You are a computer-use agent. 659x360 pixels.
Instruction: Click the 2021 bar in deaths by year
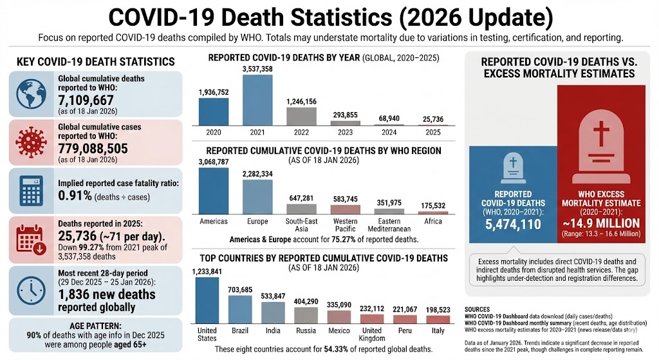(257, 100)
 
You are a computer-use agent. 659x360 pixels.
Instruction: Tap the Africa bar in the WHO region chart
(433, 211)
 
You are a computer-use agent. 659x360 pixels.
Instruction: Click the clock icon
(32, 290)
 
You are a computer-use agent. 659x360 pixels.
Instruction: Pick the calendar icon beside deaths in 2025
(32, 240)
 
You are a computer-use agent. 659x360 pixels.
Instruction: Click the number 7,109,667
(86, 100)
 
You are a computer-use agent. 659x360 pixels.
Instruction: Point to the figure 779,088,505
(93, 149)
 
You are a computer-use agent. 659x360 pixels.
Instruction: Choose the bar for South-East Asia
(301, 209)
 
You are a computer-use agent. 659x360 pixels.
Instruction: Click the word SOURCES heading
(477, 309)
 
